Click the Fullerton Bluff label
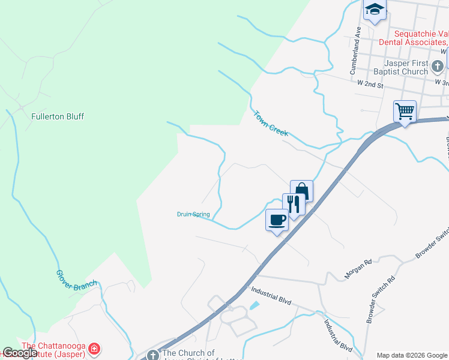tap(58, 116)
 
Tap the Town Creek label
tap(271, 123)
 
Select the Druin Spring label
tap(193, 214)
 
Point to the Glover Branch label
tap(76, 280)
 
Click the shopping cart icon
tap(405, 111)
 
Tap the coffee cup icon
tap(277, 219)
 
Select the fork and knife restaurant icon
tap(293, 203)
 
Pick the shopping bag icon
tap(301, 191)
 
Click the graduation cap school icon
tap(375, 10)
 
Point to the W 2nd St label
tap(370, 85)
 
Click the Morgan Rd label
tap(359, 268)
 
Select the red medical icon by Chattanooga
tap(94, 349)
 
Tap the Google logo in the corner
tap(19, 353)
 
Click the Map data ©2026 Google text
tap(411, 355)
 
